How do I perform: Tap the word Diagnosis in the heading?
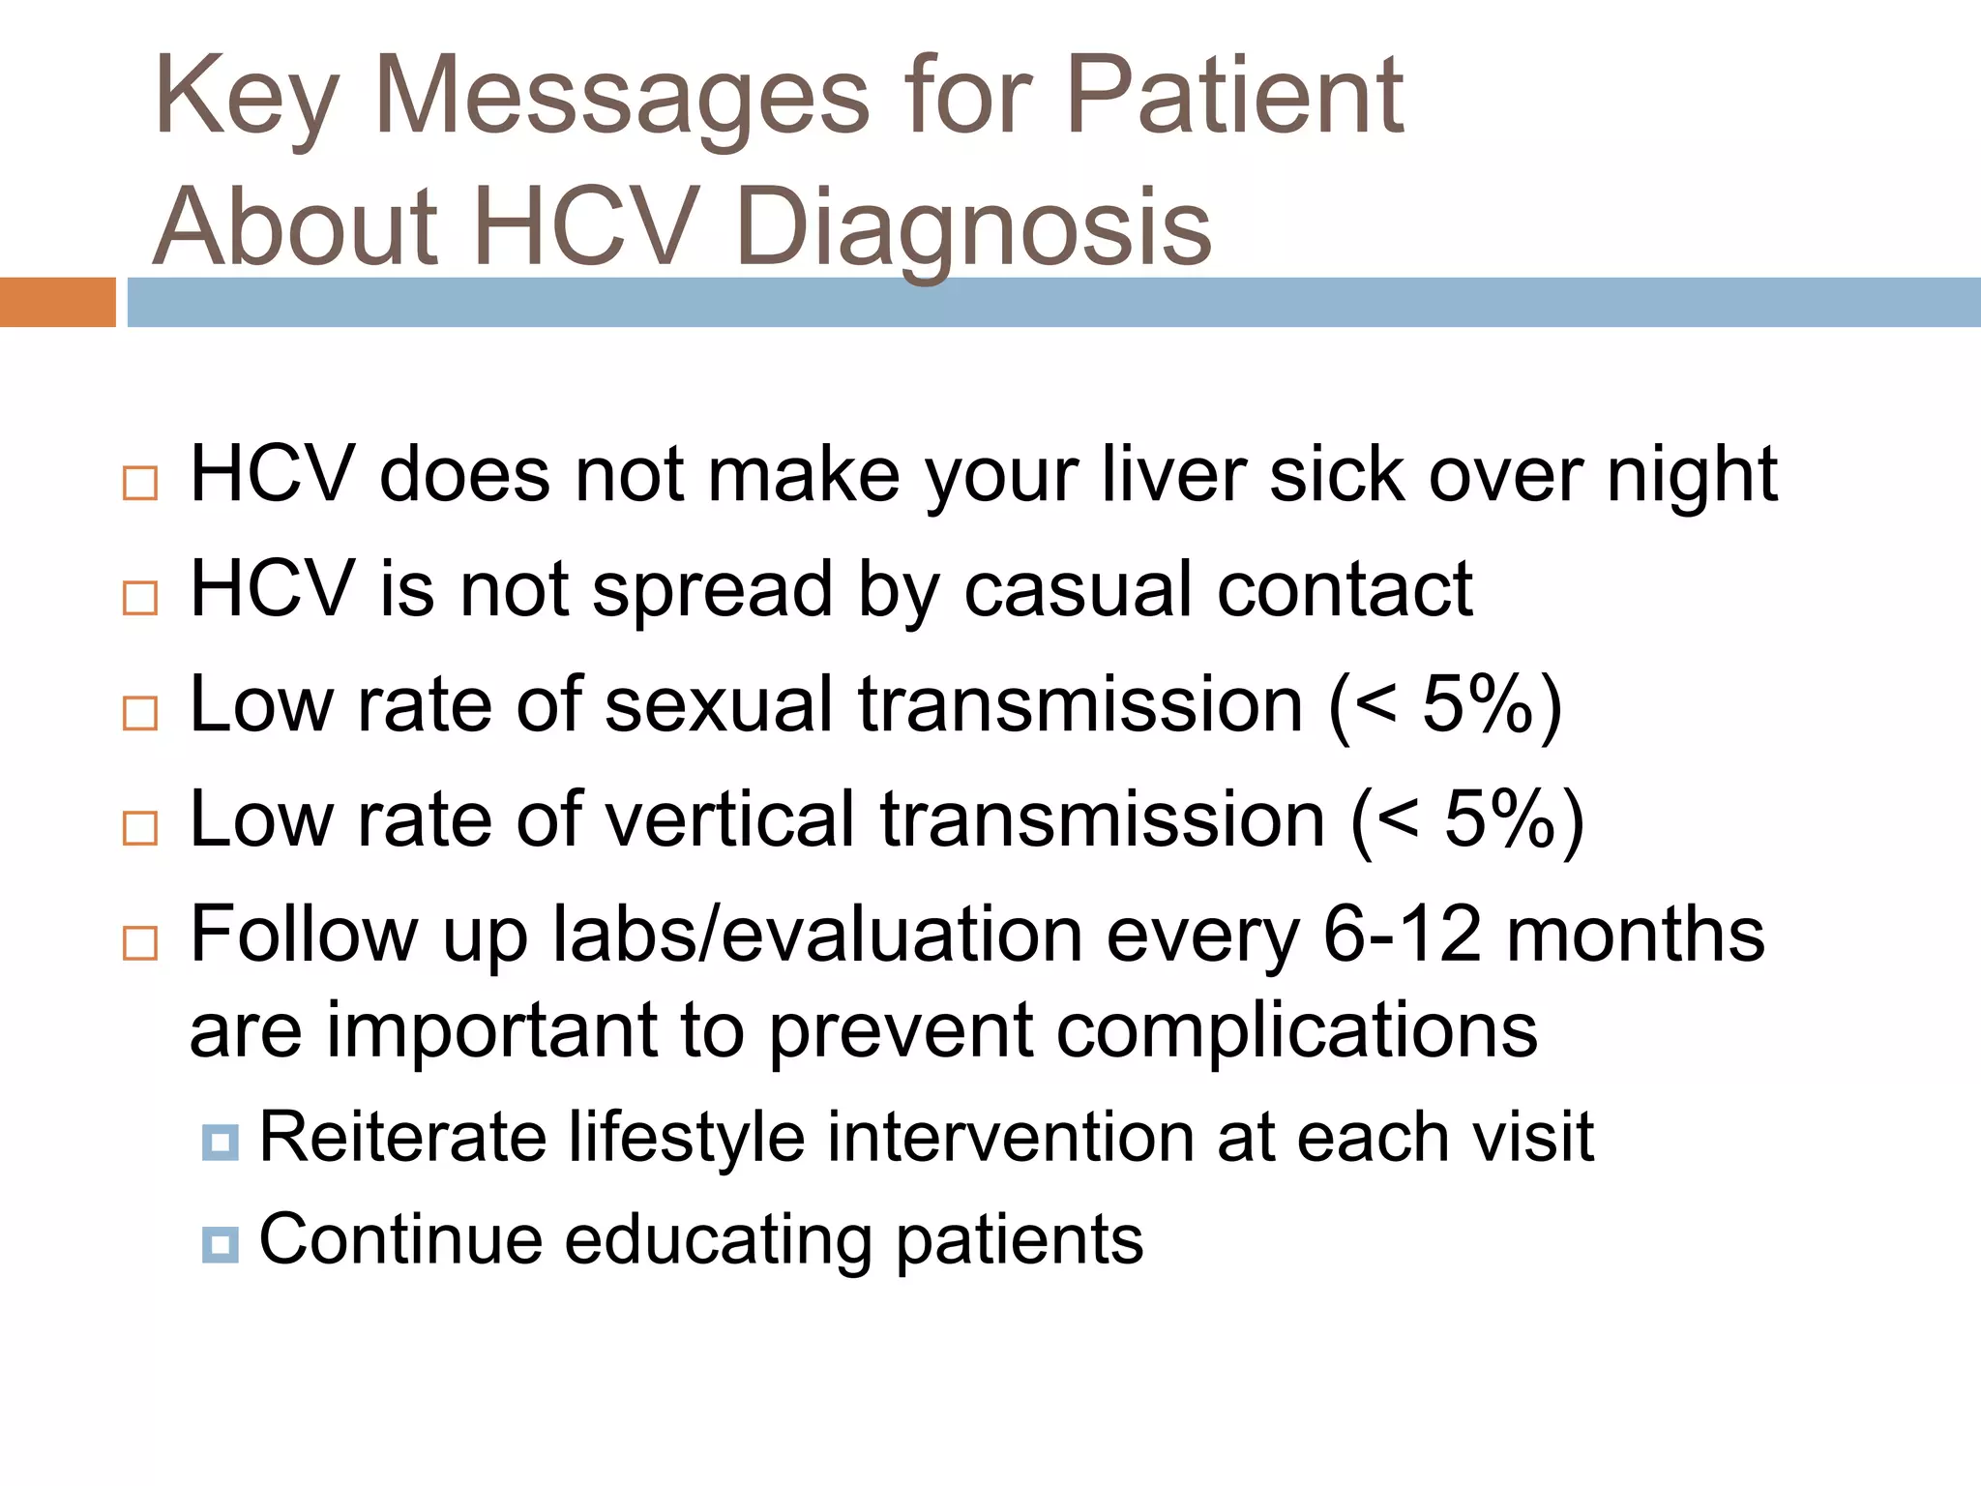coord(972,227)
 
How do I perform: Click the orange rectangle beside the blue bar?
coord(57,302)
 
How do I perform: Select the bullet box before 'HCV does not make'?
coord(140,483)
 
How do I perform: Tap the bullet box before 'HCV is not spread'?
coord(140,598)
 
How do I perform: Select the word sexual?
coord(719,704)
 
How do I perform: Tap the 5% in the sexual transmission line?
coord(1477,704)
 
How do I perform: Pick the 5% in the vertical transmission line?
coord(1499,819)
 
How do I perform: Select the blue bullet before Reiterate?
coord(221,1142)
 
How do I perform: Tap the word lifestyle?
coord(687,1137)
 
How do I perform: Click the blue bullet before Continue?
coord(221,1244)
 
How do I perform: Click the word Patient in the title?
coord(1234,97)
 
